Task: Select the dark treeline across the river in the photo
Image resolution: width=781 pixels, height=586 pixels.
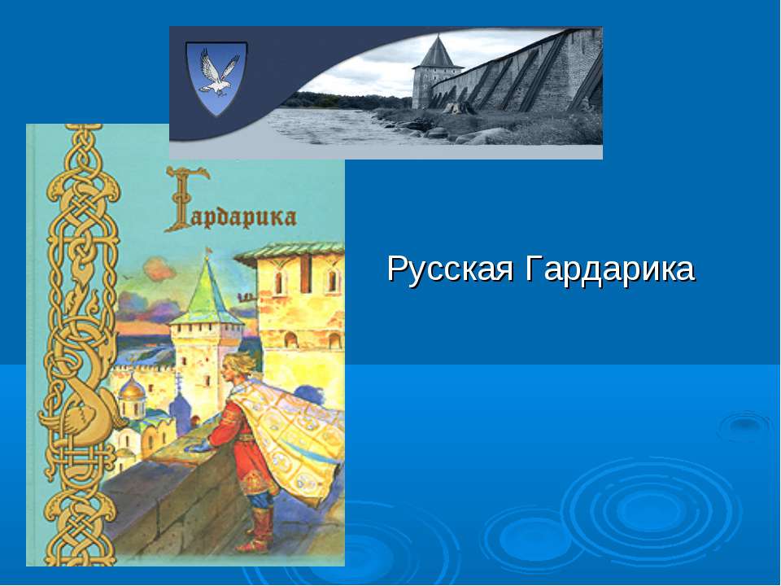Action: [342, 101]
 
